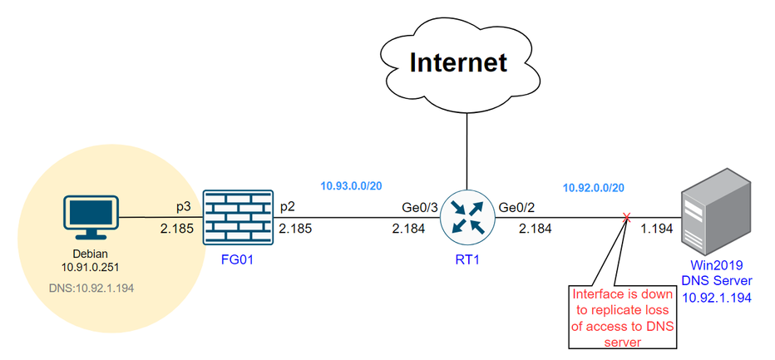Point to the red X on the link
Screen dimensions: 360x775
(626, 219)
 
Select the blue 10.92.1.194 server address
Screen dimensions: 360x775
(714, 297)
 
